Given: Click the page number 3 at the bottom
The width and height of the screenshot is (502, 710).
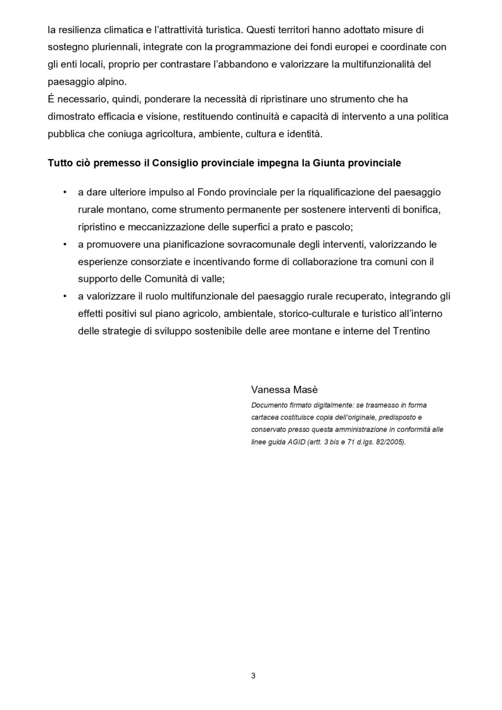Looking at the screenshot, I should click(x=253, y=675).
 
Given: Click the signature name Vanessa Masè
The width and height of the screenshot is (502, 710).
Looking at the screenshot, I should click(x=284, y=390).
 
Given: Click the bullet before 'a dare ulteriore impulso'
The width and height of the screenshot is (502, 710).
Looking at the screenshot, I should click(x=64, y=192).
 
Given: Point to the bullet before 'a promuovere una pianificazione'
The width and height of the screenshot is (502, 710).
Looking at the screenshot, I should click(x=64, y=244).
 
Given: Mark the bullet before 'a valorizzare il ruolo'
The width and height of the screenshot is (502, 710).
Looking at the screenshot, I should click(x=64, y=296).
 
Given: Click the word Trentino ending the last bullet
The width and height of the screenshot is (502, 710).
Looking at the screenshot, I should click(x=412, y=331).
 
